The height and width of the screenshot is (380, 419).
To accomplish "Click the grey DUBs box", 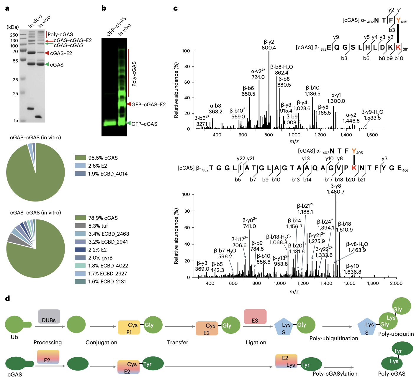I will pyautogui.click(x=49, y=316).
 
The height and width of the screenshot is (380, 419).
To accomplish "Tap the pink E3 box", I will pyautogui.click(x=255, y=317).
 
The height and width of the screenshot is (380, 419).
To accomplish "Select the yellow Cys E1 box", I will pyautogui.click(x=129, y=328).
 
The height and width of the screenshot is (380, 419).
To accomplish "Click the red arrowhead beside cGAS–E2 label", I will pyautogui.click(x=47, y=53).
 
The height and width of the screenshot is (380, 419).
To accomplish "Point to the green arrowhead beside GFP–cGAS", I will pyautogui.click(x=128, y=123).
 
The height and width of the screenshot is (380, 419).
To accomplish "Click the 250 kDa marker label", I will pyautogui.click(x=14, y=35).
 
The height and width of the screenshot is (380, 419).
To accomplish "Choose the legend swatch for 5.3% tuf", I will pyautogui.click(x=80, y=226).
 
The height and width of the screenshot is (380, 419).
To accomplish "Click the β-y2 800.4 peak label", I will pyautogui.click(x=269, y=45).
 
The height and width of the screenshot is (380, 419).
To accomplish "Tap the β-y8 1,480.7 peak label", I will pyautogui.click(x=335, y=189).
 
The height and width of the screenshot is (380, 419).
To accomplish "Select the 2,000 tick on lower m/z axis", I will pyautogui.click(x=396, y=283).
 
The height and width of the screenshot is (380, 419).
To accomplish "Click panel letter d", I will pyautogui.click(x=8, y=299).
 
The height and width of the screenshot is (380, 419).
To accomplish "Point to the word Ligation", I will pyautogui.click(x=256, y=342).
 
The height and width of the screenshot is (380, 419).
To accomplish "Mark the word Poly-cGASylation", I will pyautogui.click(x=335, y=374).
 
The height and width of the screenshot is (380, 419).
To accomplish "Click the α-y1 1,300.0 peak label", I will pyautogui.click(x=336, y=98).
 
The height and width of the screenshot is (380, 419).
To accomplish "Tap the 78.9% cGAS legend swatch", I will pyautogui.click(x=80, y=218).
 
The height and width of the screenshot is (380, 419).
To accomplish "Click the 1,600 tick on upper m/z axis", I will pyautogui.click(x=372, y=135).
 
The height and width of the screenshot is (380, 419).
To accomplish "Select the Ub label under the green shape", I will pyautogui.click(x=14, y=337).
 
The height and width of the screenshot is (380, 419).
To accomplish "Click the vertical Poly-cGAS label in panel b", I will pyautogui.click(x=134, y=74).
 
